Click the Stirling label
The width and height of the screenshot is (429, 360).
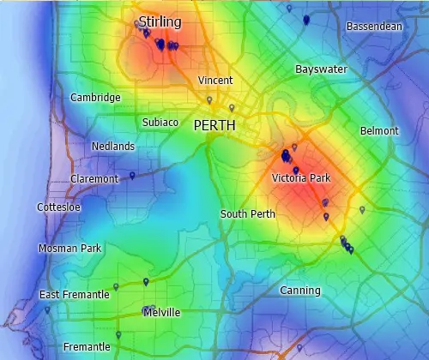160,21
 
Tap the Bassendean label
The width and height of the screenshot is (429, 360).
374,27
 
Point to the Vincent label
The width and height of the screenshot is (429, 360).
215,80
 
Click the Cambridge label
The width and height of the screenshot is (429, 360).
95,97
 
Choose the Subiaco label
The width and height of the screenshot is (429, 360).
160,123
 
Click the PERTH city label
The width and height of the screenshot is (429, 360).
214,125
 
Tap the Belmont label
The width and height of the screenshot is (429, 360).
379,130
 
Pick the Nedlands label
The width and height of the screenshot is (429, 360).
112,147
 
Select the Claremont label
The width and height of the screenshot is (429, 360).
94,178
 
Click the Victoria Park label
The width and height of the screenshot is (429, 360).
300,178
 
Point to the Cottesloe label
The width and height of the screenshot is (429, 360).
59,207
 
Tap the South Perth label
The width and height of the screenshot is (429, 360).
248,213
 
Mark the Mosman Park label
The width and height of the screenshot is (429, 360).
69,248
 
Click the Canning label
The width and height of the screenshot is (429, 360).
300,291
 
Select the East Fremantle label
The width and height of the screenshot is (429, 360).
75,295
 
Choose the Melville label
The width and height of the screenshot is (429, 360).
161,313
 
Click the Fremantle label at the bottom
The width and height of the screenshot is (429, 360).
87,347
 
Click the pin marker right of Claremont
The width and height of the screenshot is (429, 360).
132,176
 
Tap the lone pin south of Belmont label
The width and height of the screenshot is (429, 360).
362,209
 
